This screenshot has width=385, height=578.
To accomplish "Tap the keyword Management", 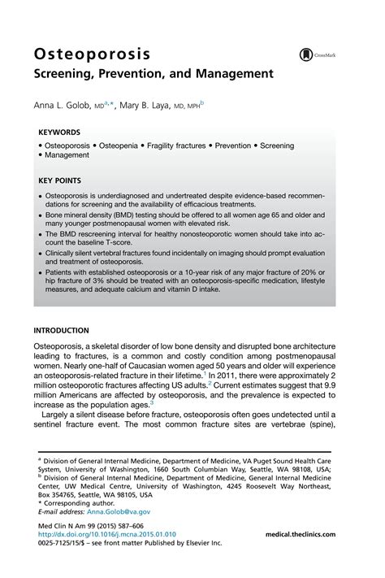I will click(x=70, y=154).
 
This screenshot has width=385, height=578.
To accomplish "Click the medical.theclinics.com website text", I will click(x=312, y=534).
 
